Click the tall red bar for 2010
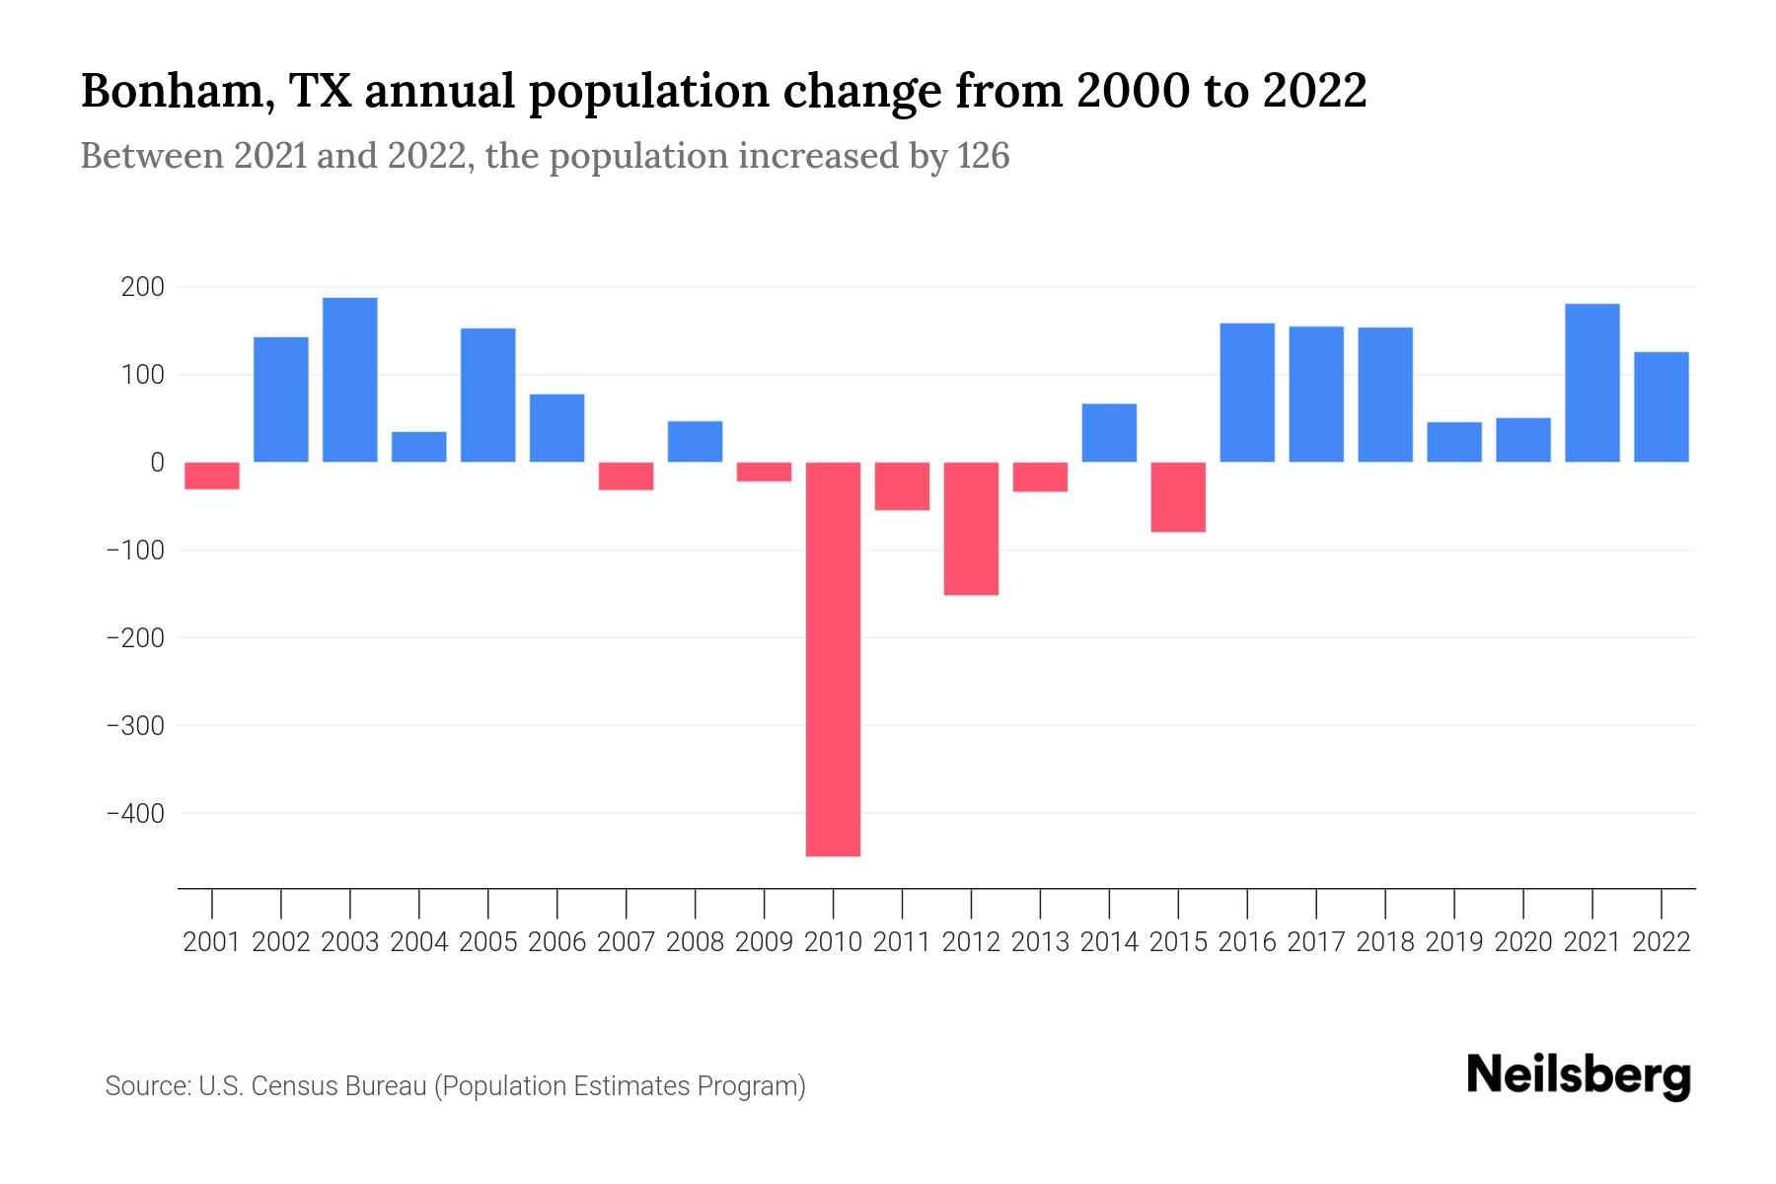(833, 658)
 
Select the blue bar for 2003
(350, 380)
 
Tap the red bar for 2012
(971, 528)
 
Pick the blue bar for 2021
(1591, 383)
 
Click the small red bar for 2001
(212, 476)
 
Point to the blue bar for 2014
(1109, 432)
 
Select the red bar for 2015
(1178, 496)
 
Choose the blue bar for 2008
(695, 441)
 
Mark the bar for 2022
(1661, 407)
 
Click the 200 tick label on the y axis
(142, 288)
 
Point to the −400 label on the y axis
(135, 814)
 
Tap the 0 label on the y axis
(157, 463)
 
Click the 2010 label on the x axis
(833, 942)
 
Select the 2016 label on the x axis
(1247, 942)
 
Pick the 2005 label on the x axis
(488, 942)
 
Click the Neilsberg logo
(1579, 1075)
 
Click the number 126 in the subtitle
(983, 156)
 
